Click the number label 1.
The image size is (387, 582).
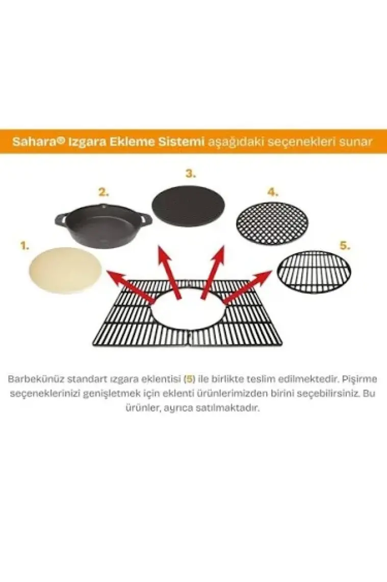pos(24,246)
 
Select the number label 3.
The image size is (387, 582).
pos(191,174)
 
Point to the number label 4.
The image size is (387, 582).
pos(272,192)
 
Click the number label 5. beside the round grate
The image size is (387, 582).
pos(345,246)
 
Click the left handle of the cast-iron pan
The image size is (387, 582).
pos(61,220)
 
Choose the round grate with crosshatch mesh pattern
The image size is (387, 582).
pos(272,224)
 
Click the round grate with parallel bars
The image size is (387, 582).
pos(315,272)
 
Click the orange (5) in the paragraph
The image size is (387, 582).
pos(190,379)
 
